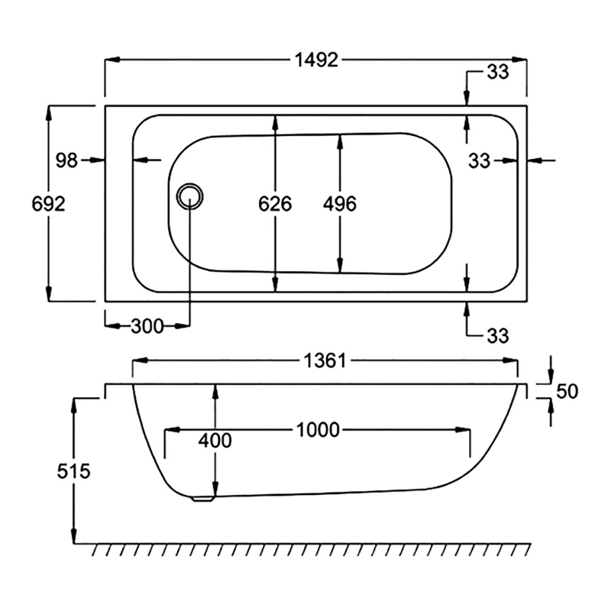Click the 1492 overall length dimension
point(316,60)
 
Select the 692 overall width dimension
point(48,204)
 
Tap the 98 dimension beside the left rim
point(67,160)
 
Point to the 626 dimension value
point(275,204)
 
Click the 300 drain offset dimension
point(147,327)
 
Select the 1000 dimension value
point(318,430)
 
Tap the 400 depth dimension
point(215,441)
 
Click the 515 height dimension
point(74,471)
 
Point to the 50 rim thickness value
point(567,392)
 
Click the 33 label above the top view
point(497,73)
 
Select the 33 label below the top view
point(497,335)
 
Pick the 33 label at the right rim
point(480,160)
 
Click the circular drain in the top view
point(189,196)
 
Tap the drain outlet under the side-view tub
point(202,499)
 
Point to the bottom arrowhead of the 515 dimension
point(74,537)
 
